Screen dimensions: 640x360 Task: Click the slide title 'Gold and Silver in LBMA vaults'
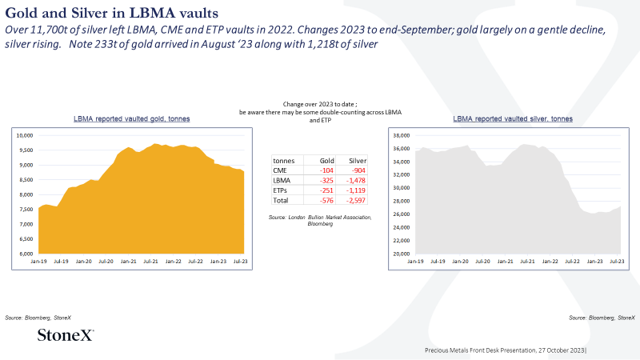click(111, 13)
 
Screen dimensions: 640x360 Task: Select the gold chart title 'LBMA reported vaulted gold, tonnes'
click(131, 118)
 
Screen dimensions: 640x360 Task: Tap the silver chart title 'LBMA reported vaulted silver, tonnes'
click(513, 118)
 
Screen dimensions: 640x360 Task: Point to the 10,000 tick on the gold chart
click(25, 135)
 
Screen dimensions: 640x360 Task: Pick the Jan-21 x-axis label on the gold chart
click(128, 262)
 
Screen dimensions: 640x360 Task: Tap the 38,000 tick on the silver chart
click(402, 135)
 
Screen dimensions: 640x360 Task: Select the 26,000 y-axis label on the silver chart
click(402, 214)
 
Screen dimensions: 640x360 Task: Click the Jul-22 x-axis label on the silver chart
click(572, 262)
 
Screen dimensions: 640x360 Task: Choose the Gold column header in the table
click(327, 161)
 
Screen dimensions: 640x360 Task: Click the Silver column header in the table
click(358, 161)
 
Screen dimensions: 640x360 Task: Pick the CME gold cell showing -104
click(326, 170)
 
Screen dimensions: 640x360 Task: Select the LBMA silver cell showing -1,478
click(356, 181)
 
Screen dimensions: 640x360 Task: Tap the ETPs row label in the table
click(280, 190)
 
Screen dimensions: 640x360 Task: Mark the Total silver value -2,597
click(356, 201)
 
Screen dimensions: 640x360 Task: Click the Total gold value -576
click(326, 201)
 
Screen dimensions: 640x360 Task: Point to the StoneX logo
click(66, 334)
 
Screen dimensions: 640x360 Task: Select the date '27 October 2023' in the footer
click(562, 350)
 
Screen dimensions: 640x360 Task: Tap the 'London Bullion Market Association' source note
click(330, 217)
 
